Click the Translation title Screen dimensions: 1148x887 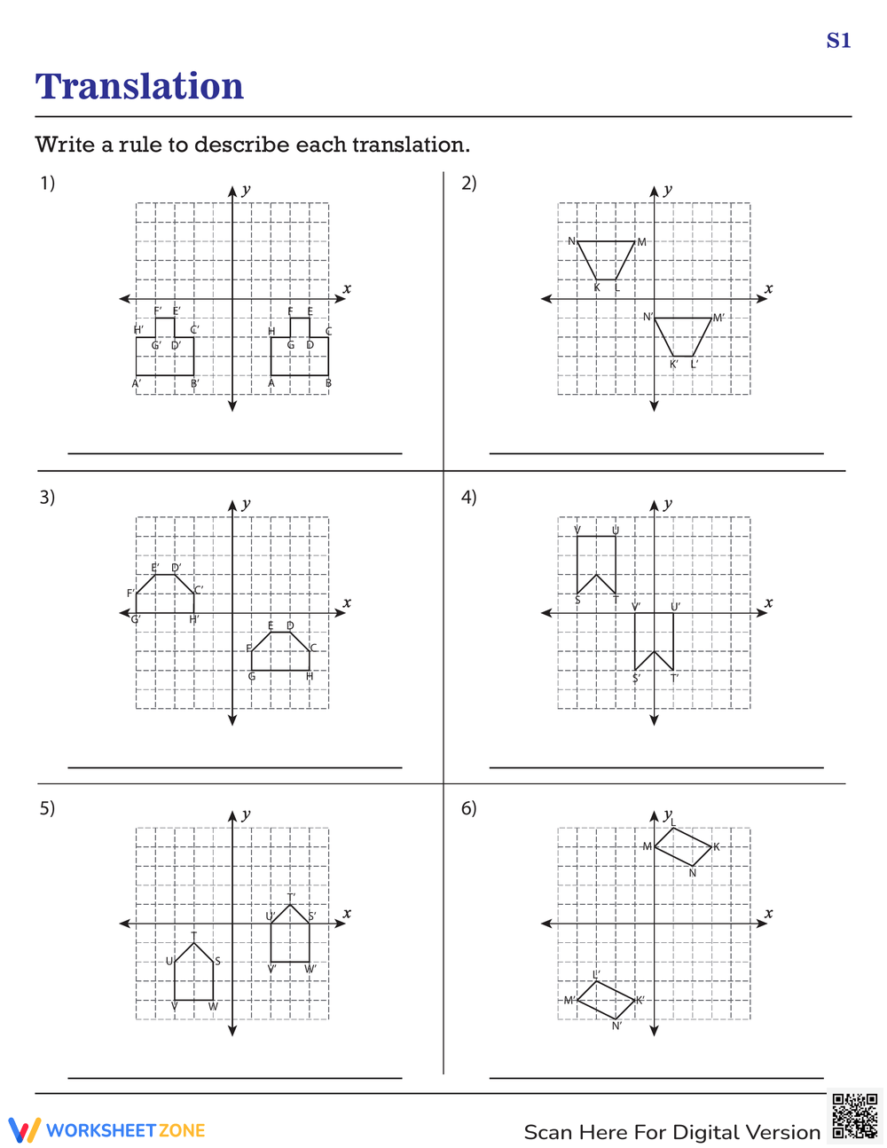click(x=139, y=87)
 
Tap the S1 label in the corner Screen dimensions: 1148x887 click(x=838, y=41)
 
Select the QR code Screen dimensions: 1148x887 click(x=854, y=1116)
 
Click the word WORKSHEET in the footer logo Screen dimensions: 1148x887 click(x=100, y=1130)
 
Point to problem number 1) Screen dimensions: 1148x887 click(x=47, y=183)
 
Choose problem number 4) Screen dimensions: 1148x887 click(x=468, y=497)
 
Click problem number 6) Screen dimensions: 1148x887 click(x=468, y=807)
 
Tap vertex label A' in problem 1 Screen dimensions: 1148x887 click(x=137, y=384)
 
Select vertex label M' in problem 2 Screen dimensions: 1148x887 click(x=718, y=318)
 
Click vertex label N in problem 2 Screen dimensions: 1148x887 click(x=571, y=241)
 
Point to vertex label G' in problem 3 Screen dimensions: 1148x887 click(x=136, y=619)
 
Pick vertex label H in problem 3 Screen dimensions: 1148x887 click(x=310, y=677)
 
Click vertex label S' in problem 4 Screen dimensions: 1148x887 click(x=636, y=679)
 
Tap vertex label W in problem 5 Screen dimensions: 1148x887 click(x=213, y=1007)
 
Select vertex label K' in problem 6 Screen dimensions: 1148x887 click(x=640, y=1001)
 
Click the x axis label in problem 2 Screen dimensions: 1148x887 click(x=768, y=288)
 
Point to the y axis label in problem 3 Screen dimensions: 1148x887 click(x=246, y=504)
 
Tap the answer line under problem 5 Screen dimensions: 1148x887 click(x=235, y=1078)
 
